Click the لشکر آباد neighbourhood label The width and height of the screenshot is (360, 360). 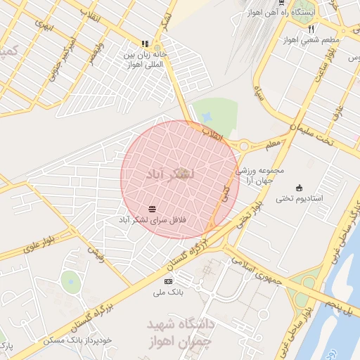(x=173, y=173)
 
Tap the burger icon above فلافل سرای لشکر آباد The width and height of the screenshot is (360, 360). (x=153, y=207)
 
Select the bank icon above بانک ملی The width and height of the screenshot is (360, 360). (x=168, y=281)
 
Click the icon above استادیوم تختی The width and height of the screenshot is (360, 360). (x=300, y=187)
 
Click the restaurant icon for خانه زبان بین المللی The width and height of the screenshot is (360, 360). (x=146, y=43)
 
